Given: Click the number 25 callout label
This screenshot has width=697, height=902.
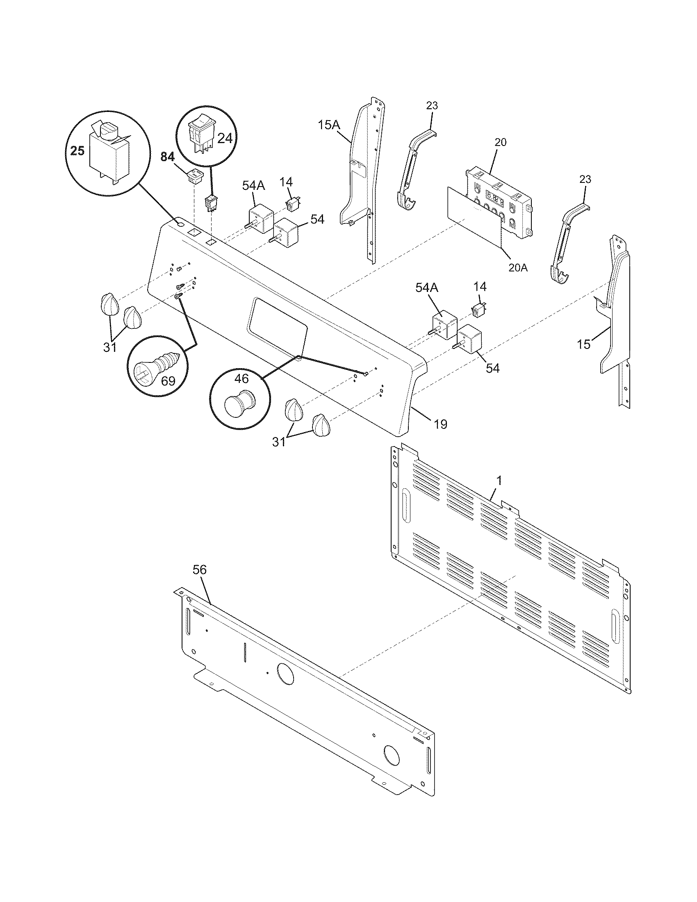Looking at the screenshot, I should click(77, 151).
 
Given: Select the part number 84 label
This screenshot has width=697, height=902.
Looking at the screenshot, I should click(168, 157).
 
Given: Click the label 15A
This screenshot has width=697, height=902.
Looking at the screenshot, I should click(329, 125).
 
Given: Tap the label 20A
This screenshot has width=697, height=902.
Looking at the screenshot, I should click(518, 268).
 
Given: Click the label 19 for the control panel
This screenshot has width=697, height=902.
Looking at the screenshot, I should click(441, 424).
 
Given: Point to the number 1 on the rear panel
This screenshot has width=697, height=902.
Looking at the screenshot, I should click(499, 481).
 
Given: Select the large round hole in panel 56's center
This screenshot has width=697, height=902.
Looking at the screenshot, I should click(285, 674).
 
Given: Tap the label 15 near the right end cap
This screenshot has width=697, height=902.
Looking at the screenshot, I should click(584, 344).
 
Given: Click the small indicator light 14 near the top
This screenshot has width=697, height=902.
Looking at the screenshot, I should click(293, 204).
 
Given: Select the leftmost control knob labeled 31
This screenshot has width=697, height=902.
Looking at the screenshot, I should click(109, 305).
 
